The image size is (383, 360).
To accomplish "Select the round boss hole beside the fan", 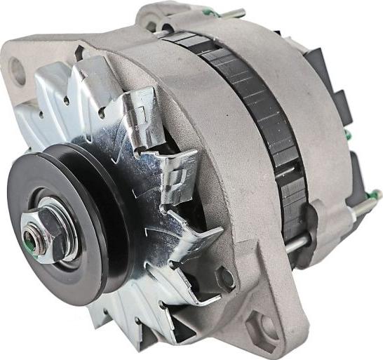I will tap(226, 279).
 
